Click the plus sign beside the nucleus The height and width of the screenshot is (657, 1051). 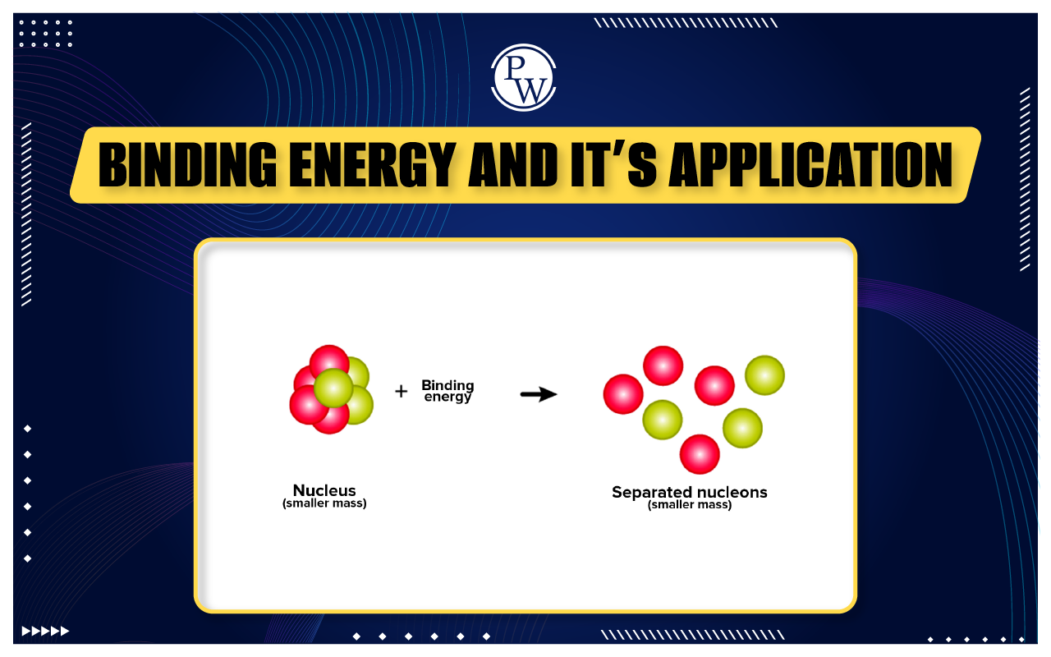401,392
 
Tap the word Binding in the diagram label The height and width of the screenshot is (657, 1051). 447,385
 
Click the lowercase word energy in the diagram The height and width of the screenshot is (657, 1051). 447,397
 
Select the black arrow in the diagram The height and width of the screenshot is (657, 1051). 539,395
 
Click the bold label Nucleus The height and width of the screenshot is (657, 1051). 324,491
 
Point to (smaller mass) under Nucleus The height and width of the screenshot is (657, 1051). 324,503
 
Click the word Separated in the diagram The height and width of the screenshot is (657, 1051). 652,493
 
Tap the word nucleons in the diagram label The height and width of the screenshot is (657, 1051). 729,493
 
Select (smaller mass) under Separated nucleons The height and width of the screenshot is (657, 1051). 690,505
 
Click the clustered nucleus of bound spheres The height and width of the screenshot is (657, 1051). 330,389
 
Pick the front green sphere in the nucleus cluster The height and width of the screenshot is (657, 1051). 333,388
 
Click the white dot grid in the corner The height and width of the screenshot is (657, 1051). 45,34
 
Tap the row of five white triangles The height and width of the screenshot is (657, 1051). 45,631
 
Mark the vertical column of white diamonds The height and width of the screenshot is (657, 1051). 28,493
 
